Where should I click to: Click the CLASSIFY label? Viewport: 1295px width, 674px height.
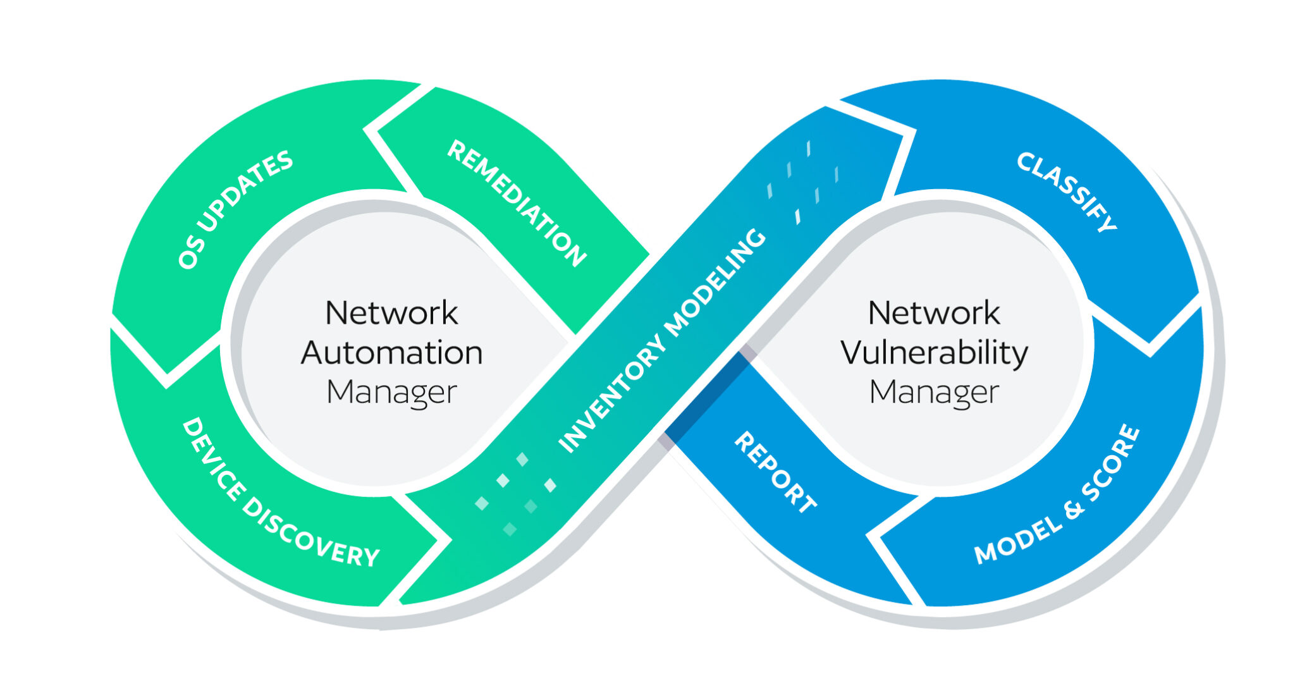(x=1067, y=192)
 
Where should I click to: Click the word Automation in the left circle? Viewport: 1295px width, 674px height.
(x=391, y=353)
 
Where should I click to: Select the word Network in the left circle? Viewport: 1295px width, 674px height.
(x=391, y=313)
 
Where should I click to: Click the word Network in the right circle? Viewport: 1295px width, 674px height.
(x=934, y=313)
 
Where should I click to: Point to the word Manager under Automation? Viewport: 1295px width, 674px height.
(x=391, y=393)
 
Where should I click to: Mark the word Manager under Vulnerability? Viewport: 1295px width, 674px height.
(x=934, y=393)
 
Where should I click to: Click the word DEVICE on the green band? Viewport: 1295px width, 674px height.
(x=212, y=458)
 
